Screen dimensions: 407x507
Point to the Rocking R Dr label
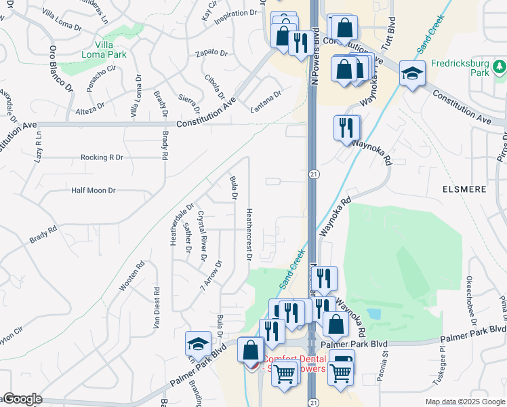102,157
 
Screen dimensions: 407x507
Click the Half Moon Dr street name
94,191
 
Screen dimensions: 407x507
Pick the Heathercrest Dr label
249,234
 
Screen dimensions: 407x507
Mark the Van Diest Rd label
156,308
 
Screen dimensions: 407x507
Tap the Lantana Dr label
265,101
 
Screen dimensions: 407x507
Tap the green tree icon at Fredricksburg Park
499,66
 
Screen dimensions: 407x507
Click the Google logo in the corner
22,399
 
